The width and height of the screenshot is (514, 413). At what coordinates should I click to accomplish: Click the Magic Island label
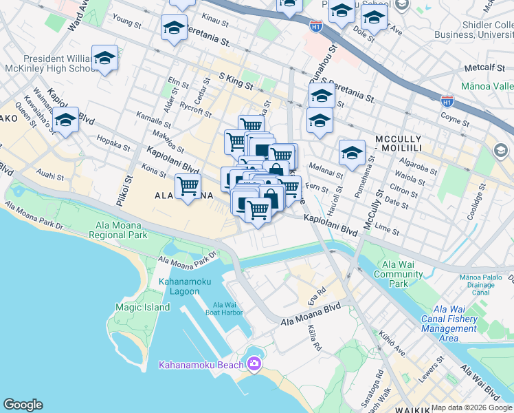click(142, 307)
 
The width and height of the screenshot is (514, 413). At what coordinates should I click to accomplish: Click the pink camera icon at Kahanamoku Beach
click(254, 363)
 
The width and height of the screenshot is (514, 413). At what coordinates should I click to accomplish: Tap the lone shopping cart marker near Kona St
click(188, 186)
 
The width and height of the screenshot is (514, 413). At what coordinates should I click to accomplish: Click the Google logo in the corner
click(23, 405)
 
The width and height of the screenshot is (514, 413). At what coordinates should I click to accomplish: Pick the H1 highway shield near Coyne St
click(447, 100)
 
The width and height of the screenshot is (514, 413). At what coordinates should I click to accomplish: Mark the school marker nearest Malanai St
click(352, 153)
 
